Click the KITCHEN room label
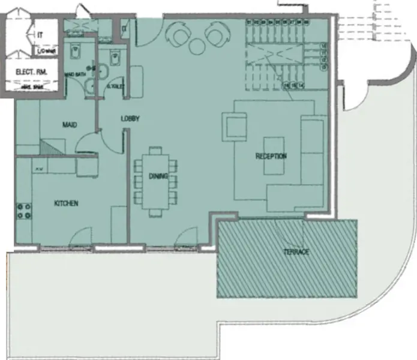coord(66,203)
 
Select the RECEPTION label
coord(271,156)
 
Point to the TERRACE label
coord(296,252)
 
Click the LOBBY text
coord(130,119)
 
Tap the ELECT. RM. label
coord(31,72)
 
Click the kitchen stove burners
coord(25,210)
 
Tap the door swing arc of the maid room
coord(88,140)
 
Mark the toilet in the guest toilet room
coord(114,58)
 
